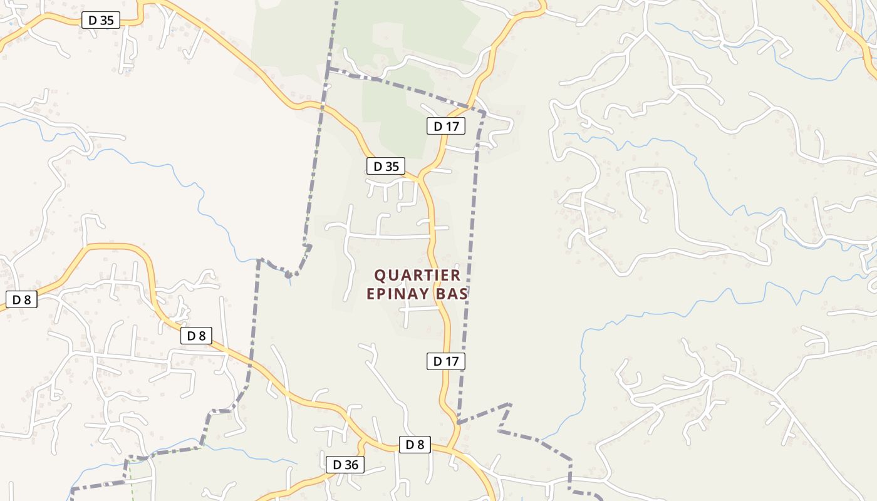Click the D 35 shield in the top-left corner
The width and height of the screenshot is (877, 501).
[100, 20]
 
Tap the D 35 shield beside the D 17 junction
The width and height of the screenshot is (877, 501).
[386, 166]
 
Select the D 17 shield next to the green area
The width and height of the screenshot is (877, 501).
[446, 126]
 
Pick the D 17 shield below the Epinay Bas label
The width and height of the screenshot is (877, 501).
[446, 361]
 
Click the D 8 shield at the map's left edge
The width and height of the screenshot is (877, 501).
[21, 299]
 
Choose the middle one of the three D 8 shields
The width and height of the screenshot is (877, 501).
[196, 336]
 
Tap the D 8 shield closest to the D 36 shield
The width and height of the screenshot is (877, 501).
[415, 445]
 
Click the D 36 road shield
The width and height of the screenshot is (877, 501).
[345, 465]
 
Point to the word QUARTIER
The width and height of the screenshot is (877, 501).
[417, 276]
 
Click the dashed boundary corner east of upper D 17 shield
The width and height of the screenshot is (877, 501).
[485, 113]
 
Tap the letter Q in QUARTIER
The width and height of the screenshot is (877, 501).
[379, 276]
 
